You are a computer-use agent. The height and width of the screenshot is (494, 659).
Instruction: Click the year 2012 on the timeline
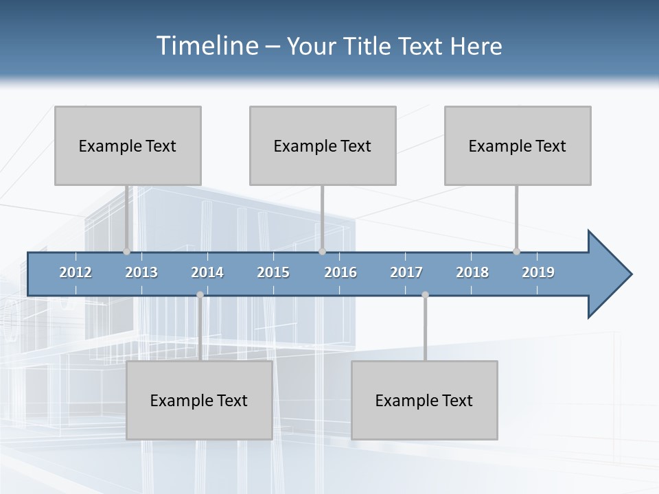(76, 272)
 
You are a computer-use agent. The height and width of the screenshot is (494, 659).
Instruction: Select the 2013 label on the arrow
(141, 272)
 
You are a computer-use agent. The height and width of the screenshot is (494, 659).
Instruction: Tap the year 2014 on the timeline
(207, 272)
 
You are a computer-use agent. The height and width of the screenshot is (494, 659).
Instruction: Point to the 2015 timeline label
(273, 272)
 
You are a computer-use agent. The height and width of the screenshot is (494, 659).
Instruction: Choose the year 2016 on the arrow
(340, 272)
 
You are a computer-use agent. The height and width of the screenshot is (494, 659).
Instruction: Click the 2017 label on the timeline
(406, 272)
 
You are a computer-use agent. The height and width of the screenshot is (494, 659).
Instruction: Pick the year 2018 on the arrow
(472, 272)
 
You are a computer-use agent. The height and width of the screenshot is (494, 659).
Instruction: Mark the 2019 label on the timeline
(538, 272)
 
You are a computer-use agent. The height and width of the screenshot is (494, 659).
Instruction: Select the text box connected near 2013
(128, 145)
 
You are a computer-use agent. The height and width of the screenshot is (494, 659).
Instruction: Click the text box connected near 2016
(323, 145)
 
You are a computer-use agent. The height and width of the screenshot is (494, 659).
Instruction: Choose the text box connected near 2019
(518, 145)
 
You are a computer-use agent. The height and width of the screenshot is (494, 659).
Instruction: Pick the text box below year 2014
(199, 400)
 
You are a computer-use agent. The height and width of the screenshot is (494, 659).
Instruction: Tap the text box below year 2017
(424, 400)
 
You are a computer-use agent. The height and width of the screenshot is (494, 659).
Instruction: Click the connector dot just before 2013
(126, 251)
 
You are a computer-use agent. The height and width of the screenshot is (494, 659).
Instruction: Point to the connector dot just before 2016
(323, 251)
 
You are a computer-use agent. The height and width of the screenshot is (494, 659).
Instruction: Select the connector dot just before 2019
(516, 251)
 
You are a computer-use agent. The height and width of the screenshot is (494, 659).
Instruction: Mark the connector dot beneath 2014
(200, 295)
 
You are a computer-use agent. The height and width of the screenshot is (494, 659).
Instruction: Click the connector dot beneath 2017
(425, 295)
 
